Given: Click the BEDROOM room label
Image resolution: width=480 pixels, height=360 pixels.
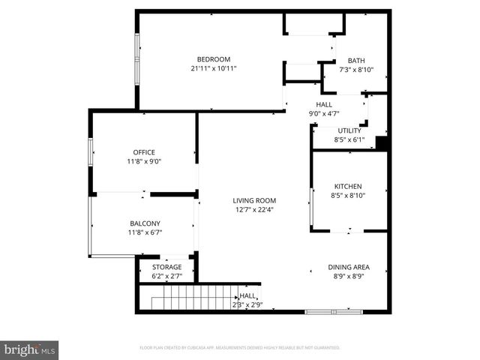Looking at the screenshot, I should click(x=213, y=59).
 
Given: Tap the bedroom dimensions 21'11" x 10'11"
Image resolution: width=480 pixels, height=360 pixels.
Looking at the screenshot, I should click(x=213, y=69).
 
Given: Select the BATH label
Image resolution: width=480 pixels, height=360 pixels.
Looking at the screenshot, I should click(x=356, y=61).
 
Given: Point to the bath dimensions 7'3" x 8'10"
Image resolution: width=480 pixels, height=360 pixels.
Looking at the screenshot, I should click(x=356, y=70).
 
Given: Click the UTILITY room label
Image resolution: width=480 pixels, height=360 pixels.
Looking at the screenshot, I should click(x=349, y=130).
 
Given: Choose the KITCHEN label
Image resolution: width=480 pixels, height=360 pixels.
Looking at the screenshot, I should click(x=348, y=186).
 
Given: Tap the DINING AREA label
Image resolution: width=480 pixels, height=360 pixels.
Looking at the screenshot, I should click(x=348, y=267).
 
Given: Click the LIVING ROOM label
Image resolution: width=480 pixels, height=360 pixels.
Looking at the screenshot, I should click(x=254, y=200).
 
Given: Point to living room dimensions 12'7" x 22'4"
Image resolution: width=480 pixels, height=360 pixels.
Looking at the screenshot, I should click(x=254, y=210).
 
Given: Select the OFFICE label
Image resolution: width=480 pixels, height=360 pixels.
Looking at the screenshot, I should click(x=144, y=152).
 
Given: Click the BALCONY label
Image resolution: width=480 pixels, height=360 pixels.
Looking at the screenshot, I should click(x=144, y=223).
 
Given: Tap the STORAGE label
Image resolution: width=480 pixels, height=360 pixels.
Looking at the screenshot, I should click(x=166, y=267).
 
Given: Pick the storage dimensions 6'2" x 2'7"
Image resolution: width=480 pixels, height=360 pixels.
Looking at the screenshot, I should click(x=166, y=277).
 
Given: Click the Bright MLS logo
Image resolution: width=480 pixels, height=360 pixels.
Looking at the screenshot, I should click(x=30, y=349).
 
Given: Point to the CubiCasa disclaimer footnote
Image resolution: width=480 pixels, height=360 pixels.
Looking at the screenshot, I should click(x=240, y=348).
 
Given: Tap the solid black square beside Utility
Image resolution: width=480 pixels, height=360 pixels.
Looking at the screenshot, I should click(x=381, y=144).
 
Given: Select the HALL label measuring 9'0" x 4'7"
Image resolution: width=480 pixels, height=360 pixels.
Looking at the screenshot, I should click(x=324, y=105).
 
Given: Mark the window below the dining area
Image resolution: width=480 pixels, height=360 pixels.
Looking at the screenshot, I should click(x=328, y=311).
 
